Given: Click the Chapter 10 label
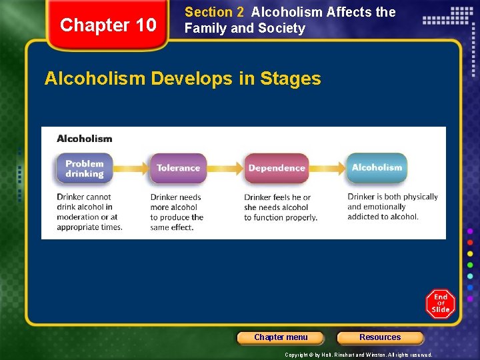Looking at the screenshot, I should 107,25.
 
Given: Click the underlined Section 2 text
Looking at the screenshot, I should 214,12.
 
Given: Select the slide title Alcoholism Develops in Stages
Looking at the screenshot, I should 182,79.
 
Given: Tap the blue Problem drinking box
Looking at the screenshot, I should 84,169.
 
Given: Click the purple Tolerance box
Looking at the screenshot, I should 178,169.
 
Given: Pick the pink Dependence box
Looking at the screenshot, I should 276,169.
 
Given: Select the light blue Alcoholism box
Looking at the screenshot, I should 377,168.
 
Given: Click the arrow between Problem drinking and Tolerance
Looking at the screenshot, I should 131,169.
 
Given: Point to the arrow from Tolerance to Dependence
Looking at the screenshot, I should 226,169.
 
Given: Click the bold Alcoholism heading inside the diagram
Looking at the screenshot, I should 85,139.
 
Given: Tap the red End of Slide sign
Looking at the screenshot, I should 441,303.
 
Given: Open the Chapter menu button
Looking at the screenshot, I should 281,337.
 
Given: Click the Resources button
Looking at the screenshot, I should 380,337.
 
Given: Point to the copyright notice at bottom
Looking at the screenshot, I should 358,355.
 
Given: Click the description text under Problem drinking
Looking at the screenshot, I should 89,212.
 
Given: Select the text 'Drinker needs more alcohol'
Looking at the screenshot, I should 176,202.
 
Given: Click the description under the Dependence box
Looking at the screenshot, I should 280,207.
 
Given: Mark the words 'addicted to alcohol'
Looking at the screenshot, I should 383,217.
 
